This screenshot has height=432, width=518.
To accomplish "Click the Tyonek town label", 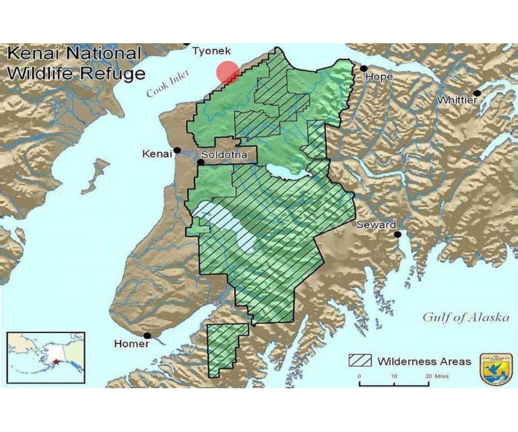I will (x=212, y=51).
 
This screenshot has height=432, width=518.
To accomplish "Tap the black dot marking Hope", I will (x=364, y=68).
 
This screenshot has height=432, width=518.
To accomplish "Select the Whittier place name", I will (x=456, y=100).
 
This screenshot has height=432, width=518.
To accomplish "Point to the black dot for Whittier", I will (x=476, y=93).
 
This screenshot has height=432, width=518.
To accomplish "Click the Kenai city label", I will (x=156, y=154).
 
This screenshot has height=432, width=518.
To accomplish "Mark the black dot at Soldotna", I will (x=200, y=161).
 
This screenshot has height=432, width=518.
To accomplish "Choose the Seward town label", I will (x=376, y=225).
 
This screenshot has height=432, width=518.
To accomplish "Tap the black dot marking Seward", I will (x=398, y=234).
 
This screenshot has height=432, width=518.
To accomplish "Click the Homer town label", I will (x=132, y=344).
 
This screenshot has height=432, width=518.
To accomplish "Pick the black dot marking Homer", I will (x=147, y=335).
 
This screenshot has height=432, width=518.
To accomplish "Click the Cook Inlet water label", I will (x=165, y=86).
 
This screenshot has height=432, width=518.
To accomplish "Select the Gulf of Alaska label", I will (x=465, y=317).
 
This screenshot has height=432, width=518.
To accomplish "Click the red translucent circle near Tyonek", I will (x=228, y=72).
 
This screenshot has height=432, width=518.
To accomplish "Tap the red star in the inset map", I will (x=56, y=362).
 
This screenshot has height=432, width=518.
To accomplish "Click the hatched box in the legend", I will (x=360, y=361).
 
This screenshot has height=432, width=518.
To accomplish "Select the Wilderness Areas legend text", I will (x=424, y=361).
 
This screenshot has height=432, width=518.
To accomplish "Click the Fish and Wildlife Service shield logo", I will (x=496, y=369).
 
